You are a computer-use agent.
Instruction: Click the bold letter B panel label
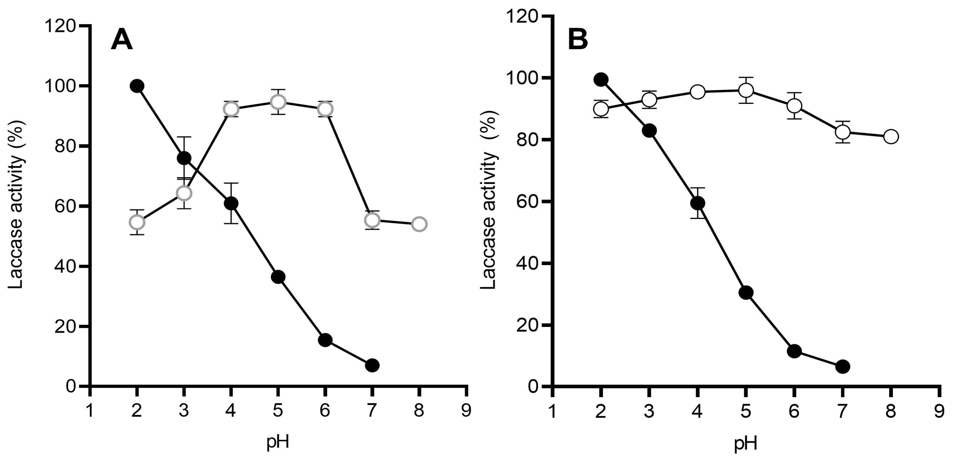[x=578, y=40]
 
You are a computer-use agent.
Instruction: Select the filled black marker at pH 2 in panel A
[x=137, y=86]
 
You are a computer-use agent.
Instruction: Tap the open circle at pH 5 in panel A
[x=278, y=102]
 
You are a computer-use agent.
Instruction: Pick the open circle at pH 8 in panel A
[x=419, y=224]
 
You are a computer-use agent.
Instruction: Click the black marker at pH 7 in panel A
[x=372, y=365]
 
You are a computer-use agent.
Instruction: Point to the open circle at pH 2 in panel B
[x=601, y=109]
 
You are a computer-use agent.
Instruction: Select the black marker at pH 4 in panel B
[x=697, y=203]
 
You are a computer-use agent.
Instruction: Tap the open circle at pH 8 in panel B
[x=891, y=136]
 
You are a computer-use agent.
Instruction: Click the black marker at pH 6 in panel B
[x=794, y=351]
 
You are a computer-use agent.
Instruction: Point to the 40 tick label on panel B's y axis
[x=524, y=263]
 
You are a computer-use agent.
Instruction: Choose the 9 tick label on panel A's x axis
[x=466, y=411]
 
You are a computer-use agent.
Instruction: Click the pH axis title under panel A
[x=278, y=442]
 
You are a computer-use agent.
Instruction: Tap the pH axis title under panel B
[x=746, y=444]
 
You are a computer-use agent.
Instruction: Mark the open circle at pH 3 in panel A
[x=184, y=193]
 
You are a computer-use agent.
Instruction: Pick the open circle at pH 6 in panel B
[x=794, y=106]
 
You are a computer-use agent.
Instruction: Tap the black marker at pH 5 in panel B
[x=746, y=293]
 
